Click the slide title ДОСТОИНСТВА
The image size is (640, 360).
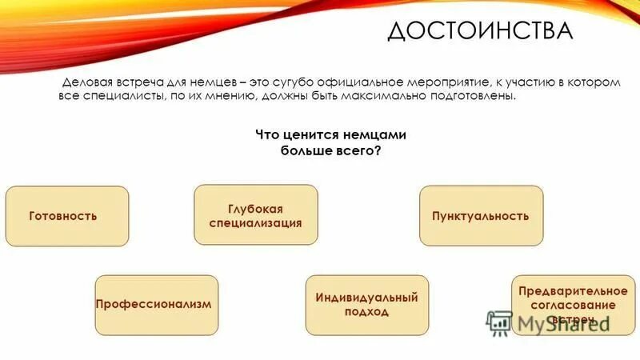coord(480,31)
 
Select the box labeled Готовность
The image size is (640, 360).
coord(67,216)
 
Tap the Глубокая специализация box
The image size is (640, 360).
coord(256,214)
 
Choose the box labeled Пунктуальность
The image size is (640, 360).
coord(481,216)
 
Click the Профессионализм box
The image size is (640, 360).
coord(156,305)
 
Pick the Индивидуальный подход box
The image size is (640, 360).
coord(367,305)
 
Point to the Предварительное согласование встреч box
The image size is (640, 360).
coord(566,305)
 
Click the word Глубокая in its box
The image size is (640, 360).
coord(255,208)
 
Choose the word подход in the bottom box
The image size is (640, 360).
coord(367,312)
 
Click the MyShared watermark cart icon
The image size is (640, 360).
coord(499,321)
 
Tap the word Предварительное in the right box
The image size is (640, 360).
coord(566,290)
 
